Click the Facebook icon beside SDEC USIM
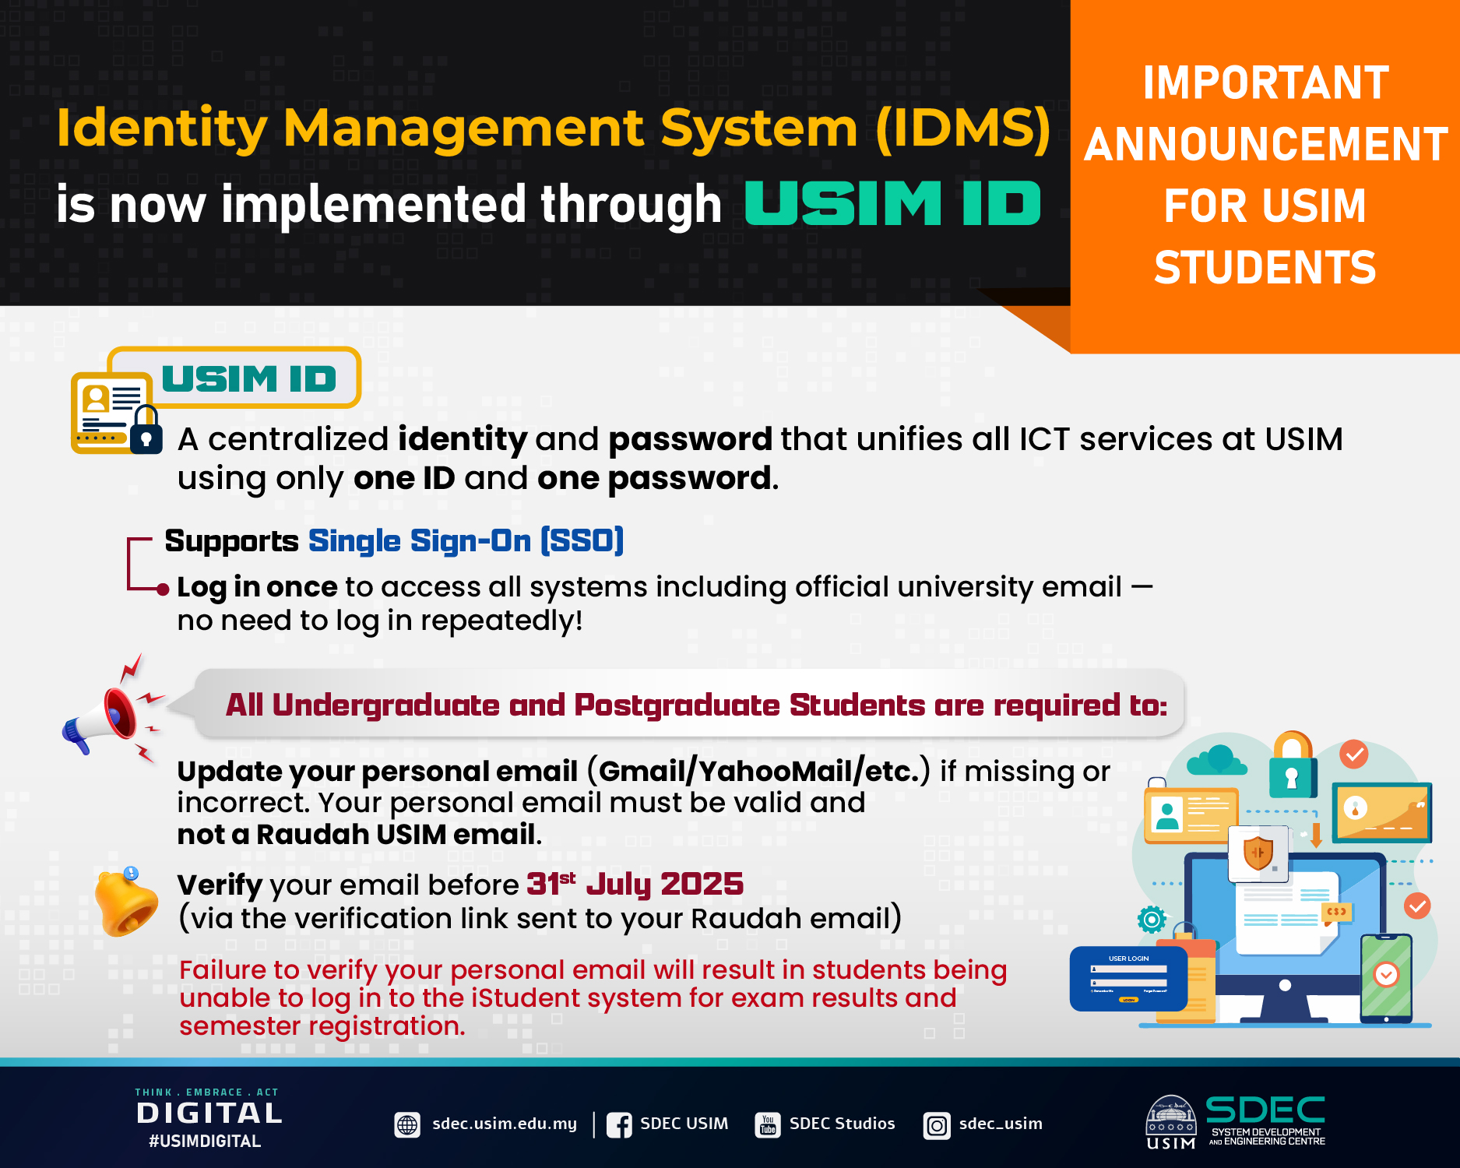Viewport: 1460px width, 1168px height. coord(619,1124)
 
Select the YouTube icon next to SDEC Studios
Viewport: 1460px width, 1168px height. coord(768,1124)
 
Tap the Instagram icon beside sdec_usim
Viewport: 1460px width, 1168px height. coord(937,1125)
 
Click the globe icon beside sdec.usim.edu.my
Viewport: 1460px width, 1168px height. coord(407,1124)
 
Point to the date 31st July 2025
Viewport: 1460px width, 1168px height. coord(635,884)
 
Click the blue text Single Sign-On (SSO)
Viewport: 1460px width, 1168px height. coord(466,540)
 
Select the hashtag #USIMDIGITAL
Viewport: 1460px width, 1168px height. coord(205,1141)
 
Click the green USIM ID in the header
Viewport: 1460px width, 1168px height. coord(892,203)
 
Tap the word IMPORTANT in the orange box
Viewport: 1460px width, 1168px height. coord(1265,83)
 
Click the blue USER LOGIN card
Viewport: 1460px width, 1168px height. coord(1128,978)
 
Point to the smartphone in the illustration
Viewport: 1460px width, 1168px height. coord(1386,978)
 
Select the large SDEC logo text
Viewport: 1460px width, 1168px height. coord(1265,1110)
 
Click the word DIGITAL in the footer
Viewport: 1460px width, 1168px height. coord(209,1113)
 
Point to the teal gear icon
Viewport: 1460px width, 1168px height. coord(1152,920)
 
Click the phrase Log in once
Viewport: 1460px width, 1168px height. coord(257,586)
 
